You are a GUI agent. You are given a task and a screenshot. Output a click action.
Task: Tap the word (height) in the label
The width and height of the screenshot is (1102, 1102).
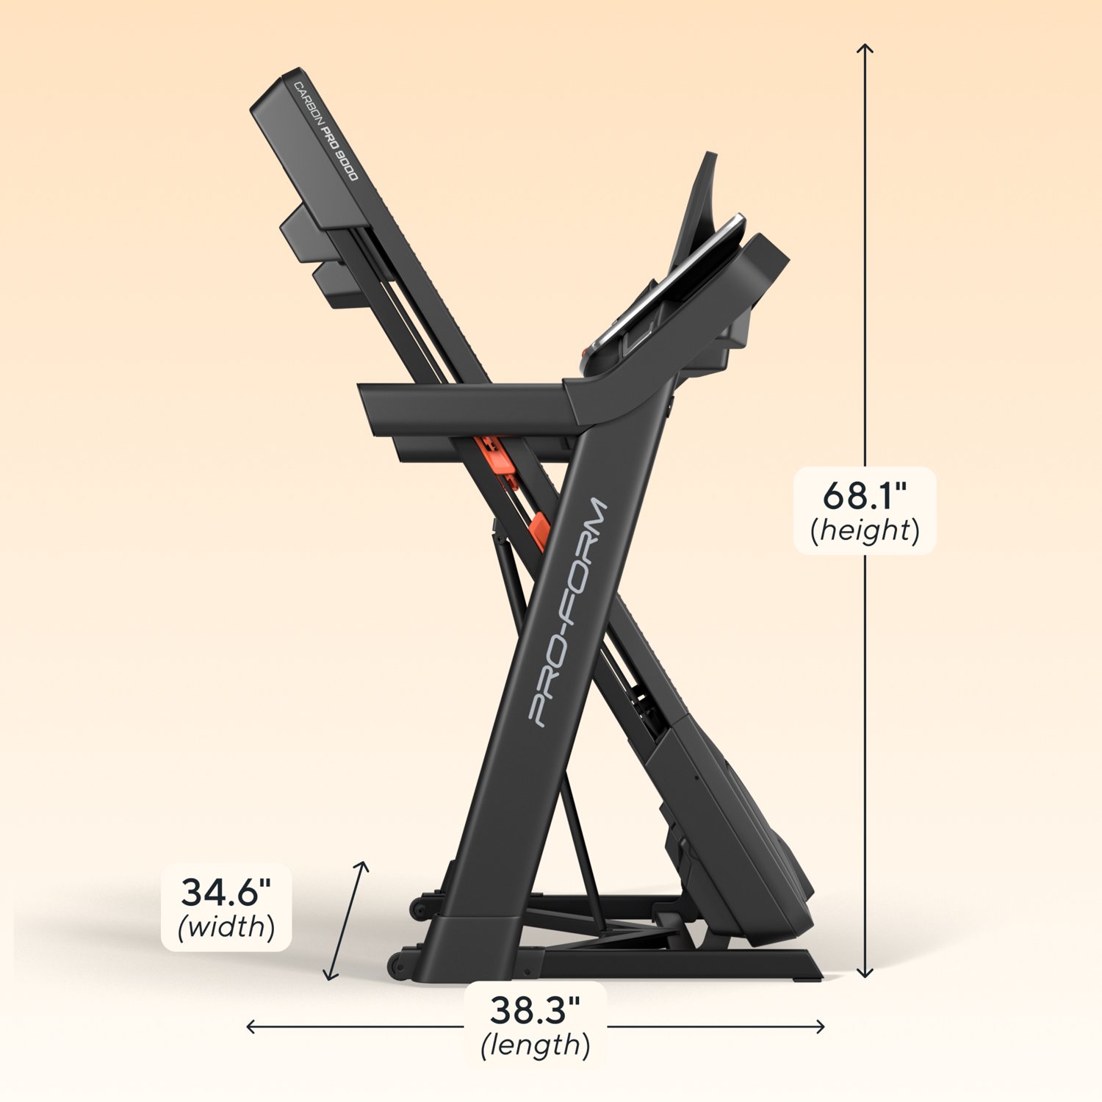coord(865,530)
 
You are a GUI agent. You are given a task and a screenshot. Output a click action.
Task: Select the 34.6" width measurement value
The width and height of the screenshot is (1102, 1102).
coord(226,893)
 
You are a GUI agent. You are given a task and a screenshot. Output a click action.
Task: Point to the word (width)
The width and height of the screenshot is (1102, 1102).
coord(226,927)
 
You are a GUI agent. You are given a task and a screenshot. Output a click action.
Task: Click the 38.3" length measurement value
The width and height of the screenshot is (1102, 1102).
coord(535,1010)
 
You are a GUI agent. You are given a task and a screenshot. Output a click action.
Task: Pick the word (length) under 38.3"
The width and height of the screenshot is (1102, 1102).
coord(535,1045)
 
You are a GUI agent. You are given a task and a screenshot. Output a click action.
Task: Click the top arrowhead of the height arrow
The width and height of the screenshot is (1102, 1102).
coord(865,47)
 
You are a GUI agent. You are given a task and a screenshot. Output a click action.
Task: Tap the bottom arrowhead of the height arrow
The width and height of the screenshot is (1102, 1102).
coord(865,974)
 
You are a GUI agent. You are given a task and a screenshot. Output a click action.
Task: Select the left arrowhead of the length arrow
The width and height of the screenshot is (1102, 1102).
coord(250,1027)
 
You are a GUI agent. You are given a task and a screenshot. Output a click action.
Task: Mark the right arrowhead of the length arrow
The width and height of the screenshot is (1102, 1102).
coord(821,1027)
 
